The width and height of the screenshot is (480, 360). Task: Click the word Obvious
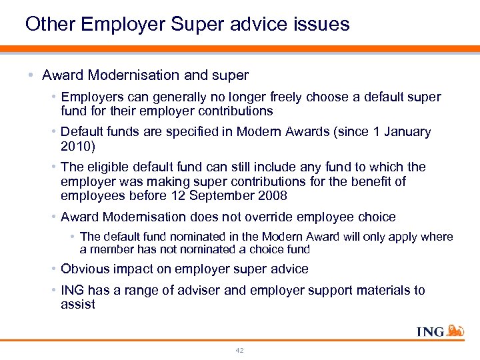coord(85,269)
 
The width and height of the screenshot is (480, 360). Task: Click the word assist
coord(78,305)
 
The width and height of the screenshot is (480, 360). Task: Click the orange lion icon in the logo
coord(455,331)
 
